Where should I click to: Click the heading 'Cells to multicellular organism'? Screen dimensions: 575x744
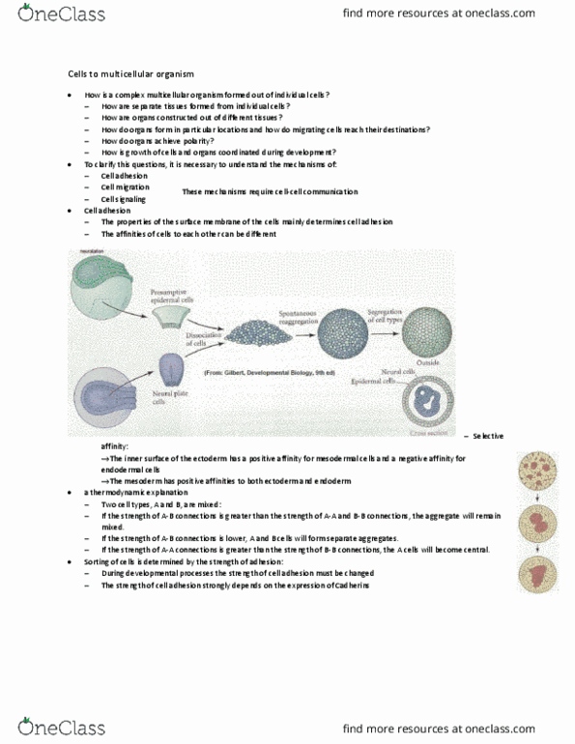tap(124, 73)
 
